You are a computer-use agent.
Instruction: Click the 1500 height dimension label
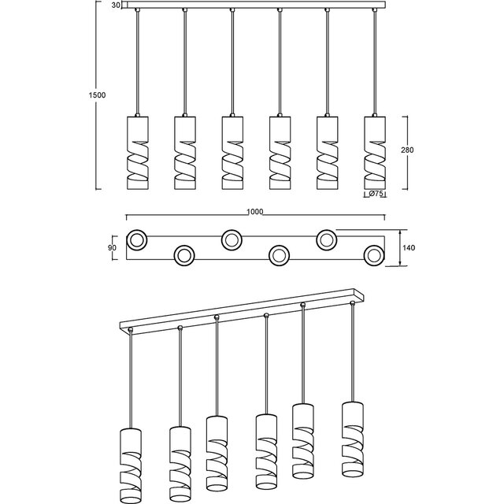coord(98,95)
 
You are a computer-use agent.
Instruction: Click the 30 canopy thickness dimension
coord(115,6)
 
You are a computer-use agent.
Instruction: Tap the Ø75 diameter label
coord(376,194)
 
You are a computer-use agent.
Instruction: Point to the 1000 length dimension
coord(254,212)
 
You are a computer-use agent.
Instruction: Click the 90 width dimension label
coord(112,248)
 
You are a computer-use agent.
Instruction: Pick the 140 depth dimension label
coord(408,248)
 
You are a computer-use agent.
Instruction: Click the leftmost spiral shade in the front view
coord(137,151)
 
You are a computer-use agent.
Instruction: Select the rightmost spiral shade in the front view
coord(375,151)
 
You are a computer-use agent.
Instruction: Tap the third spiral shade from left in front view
coord(232,151)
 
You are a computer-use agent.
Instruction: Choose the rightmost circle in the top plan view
coord(375,254)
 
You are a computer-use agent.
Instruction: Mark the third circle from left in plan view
coord(232,239)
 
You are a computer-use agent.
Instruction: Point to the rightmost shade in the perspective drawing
coord(354,437)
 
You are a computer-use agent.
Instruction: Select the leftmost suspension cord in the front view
coord(137,63)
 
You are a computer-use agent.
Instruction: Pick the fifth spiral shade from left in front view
coord(327,151)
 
